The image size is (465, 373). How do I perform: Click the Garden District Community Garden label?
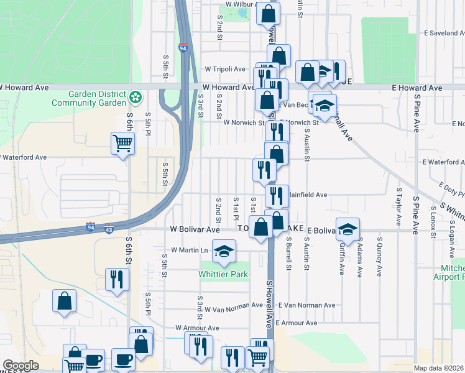click(x=97, y=98)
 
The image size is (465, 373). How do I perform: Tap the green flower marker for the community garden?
click(x=136, y=98)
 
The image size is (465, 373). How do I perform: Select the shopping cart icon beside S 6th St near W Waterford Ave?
click(x=123, y=144)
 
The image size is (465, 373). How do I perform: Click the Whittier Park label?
click(x=223, y=274)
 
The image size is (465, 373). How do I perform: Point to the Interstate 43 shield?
click(x=109, y=229)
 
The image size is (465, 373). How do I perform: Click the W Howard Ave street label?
click(x=228, y=88)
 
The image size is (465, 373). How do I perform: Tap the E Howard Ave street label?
click(x=417, y=88)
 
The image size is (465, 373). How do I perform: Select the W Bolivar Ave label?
click(x=196, y=229)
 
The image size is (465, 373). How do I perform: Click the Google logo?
click(x=21, y=366)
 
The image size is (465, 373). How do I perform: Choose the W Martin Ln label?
click(x=190, y=251)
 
